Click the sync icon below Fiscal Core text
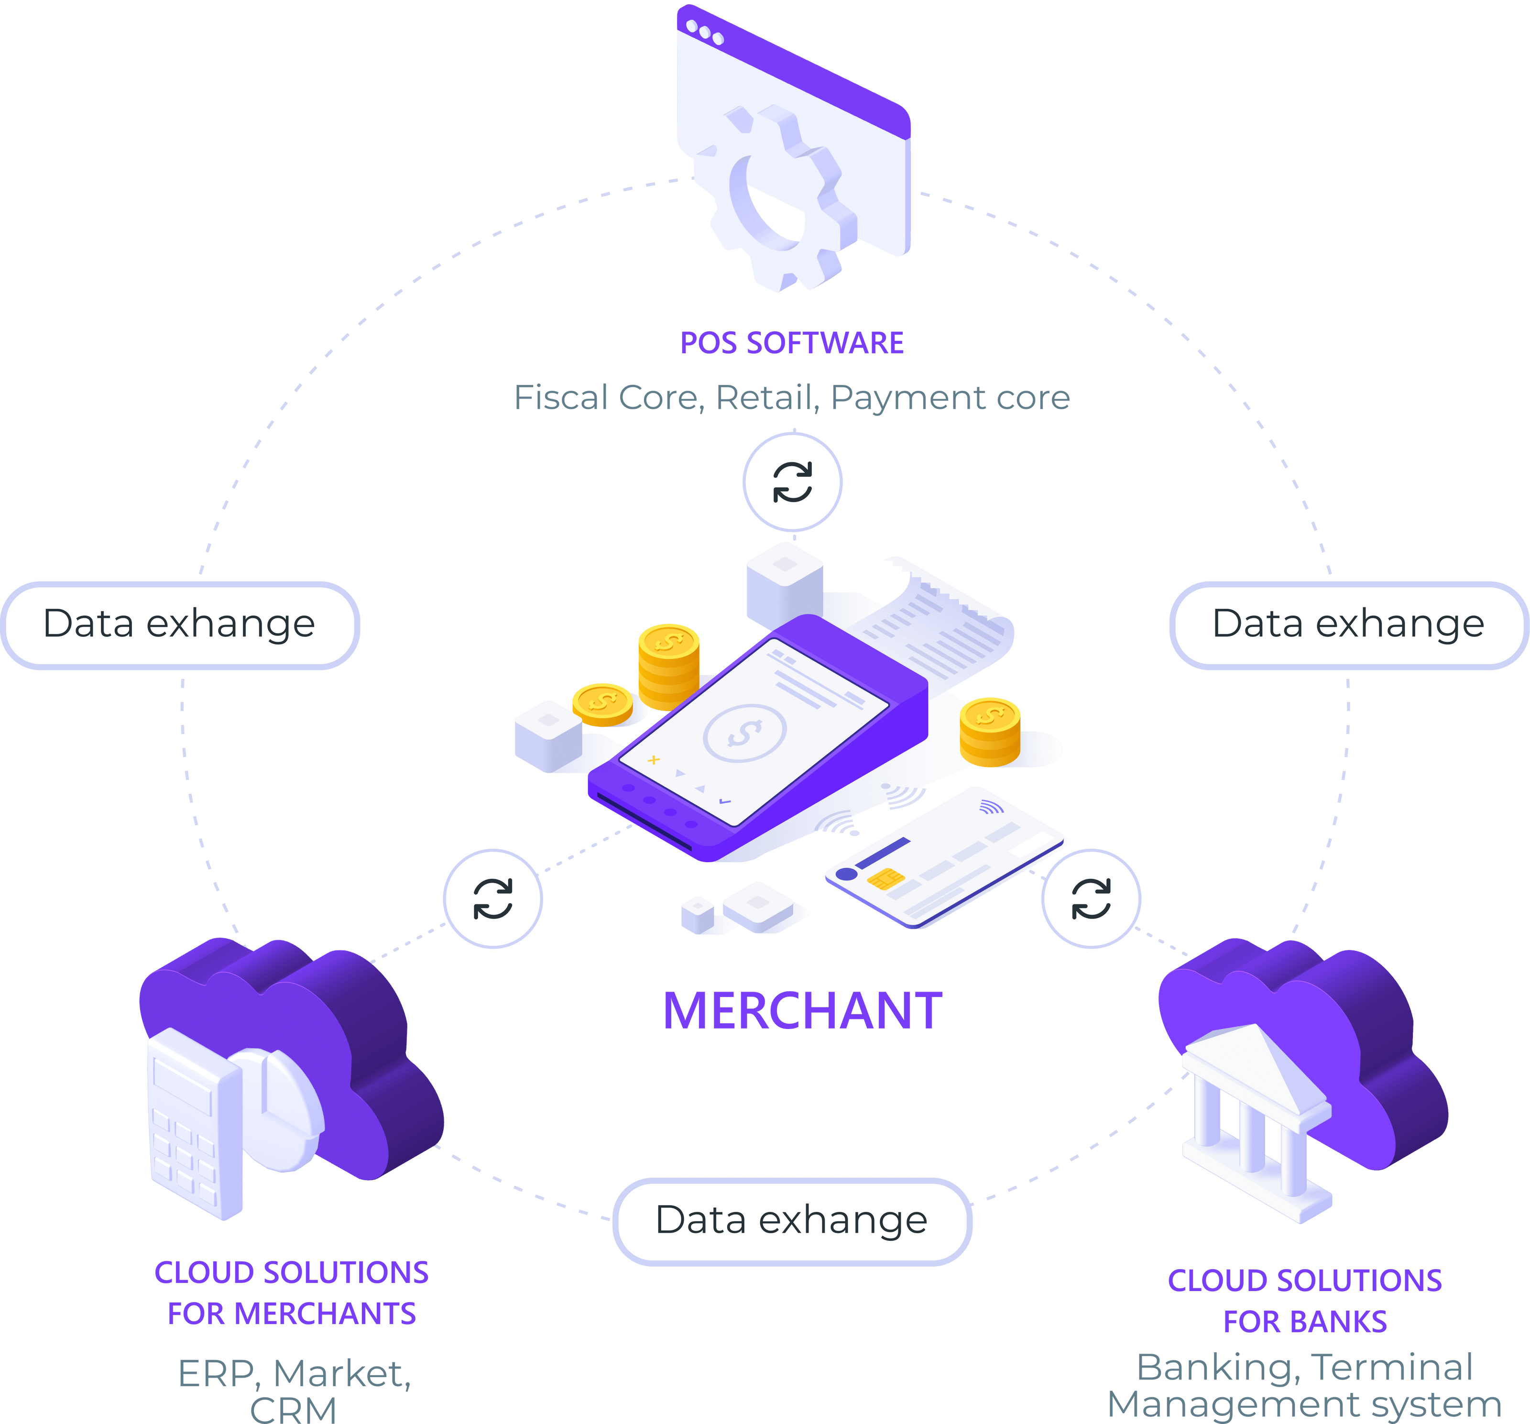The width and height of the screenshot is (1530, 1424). coord(792,482)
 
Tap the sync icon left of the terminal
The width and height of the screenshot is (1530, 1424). coord(492,899)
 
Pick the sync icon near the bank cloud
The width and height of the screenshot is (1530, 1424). coord(1091,899)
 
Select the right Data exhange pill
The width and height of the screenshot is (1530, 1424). coord(1348,624)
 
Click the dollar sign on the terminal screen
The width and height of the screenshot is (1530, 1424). coord(744,733)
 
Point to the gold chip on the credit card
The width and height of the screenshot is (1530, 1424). coord(885,879)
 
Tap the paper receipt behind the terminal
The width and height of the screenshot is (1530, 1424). coord(947,624)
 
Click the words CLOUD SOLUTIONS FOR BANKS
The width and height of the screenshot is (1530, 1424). coord(1304,1301)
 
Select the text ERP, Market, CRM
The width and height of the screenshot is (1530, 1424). coord(294,1390)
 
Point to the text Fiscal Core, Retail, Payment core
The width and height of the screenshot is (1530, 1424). coord(791,398)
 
